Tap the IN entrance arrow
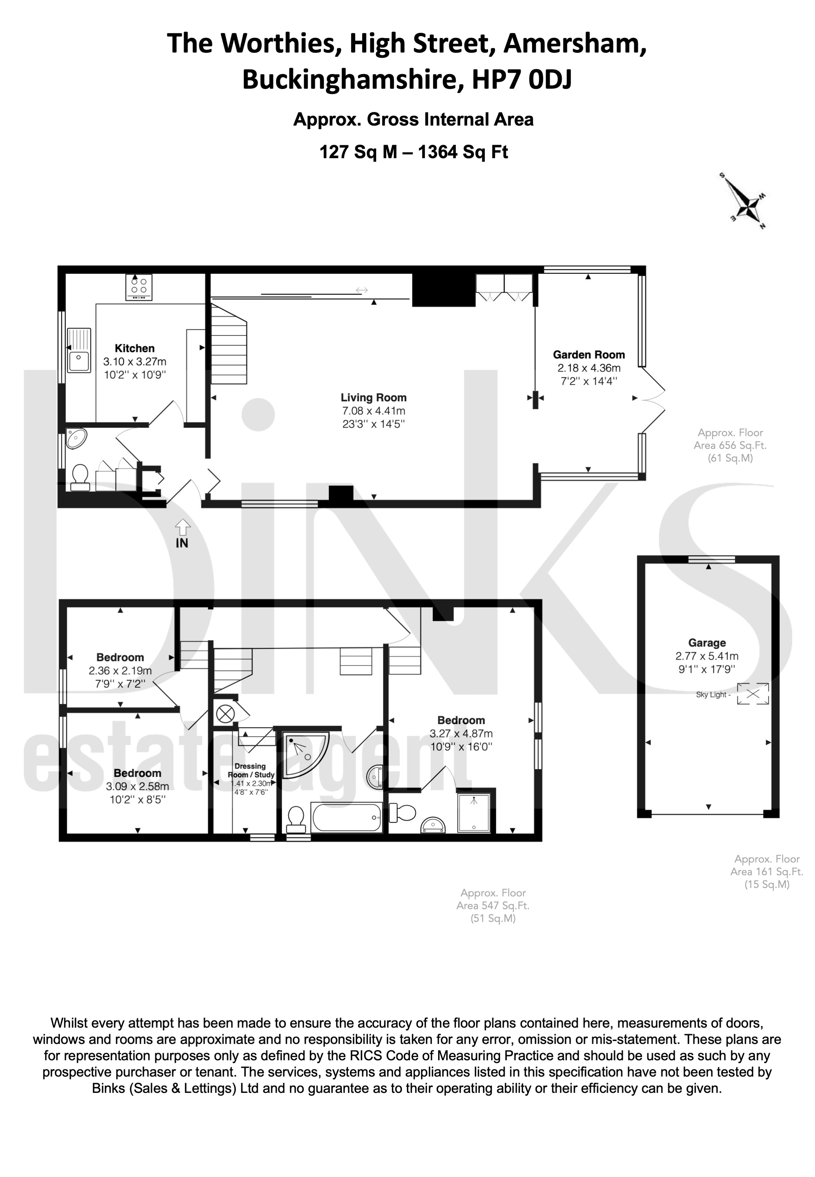182,527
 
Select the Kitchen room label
135,348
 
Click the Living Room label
374,397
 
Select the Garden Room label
589,354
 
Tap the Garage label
707,643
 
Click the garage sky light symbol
753,694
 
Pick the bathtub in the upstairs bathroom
347,817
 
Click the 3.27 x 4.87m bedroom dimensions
461,734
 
